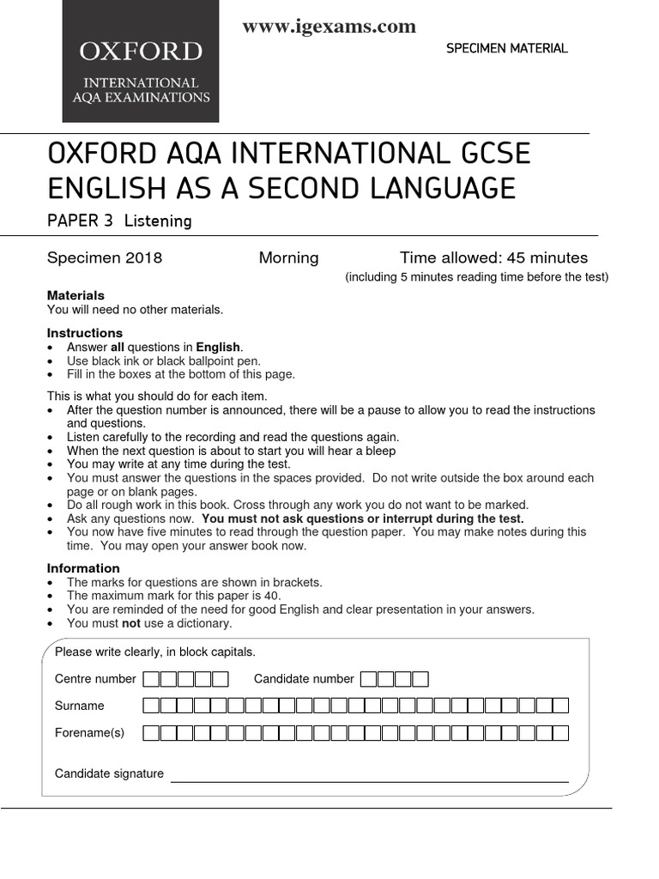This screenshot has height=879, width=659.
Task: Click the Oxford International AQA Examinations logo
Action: (141, 62)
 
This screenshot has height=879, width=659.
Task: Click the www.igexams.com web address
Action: (329, 27)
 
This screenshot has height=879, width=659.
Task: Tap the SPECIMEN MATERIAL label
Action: (506, 48)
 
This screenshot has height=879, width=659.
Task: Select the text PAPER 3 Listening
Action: (119, 221)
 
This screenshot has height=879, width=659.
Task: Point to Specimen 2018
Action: (104, 258)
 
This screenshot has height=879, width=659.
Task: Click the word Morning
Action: (288, 258)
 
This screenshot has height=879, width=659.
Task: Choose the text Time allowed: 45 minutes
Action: (493, 258)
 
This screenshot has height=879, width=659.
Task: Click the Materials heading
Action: (76, 295)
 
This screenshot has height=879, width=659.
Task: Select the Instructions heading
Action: (84, 333)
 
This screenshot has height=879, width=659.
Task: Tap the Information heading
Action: (83, 568)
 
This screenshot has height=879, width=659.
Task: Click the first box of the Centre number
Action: (151, 679)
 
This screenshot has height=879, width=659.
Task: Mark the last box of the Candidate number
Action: (420, 679)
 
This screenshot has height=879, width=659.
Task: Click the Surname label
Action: (80, 706)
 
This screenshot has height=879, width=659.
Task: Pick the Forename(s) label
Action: (89, 732)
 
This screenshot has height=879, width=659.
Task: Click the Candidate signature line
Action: (369, 780)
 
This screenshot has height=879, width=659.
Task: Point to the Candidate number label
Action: (304, 679)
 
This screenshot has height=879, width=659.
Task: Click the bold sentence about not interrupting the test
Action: (363, 518)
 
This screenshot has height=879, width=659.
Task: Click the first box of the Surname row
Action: (151, 706)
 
